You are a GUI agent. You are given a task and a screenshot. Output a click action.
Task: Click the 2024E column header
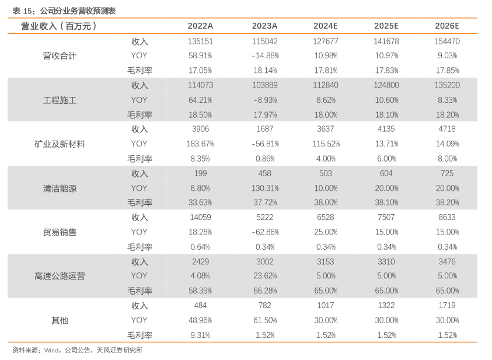tap(326, 26)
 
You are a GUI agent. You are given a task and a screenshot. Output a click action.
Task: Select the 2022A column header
tap(200, 26)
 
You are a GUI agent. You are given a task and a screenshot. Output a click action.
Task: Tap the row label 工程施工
tap(60, 100)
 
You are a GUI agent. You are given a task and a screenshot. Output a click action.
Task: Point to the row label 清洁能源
tap(60, 188)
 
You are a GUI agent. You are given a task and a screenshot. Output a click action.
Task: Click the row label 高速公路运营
tap(60, 276)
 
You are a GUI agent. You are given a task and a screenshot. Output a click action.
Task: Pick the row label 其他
tap(60, 320)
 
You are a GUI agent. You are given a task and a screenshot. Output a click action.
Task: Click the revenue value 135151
tap(200, 41)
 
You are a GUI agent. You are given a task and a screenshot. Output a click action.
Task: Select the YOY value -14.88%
tap(265, 56)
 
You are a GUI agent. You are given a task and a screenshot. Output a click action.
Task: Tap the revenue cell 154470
tap(447, 41)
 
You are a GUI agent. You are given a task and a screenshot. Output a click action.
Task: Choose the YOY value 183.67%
tap(200, 144)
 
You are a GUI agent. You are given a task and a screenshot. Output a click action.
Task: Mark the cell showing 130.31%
tap(265, 188)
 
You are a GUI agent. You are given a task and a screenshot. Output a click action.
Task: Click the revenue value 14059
tap(200, 217)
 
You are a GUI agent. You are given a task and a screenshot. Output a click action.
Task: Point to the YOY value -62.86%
tap(265, 232)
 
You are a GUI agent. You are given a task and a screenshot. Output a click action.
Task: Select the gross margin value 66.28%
tap(265, 291)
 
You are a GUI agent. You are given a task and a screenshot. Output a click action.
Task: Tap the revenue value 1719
tap(447, 305)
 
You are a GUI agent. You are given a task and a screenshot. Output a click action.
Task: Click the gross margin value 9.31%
tap(200, 335)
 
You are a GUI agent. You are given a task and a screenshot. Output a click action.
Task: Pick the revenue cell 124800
tap(386, 85)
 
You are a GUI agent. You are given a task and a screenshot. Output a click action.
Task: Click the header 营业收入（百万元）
tap(59, 26)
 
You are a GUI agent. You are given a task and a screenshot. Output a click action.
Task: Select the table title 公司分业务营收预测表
tap(78, 11)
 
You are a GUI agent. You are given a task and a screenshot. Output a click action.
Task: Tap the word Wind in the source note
tap(51, 350)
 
